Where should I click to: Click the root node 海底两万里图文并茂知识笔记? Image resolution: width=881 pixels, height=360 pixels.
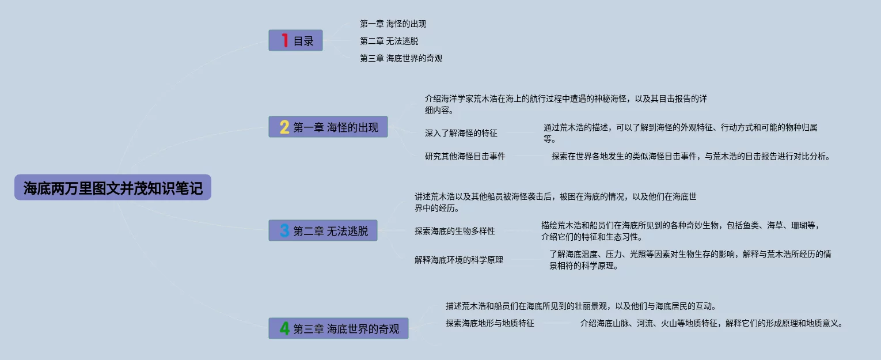(113, 188)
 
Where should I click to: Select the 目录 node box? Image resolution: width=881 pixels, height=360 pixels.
(295, 40)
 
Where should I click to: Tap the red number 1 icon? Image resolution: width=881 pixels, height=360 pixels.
(284, 40)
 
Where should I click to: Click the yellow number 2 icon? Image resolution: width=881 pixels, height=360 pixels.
(284, 127)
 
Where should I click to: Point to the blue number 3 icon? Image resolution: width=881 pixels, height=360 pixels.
(284, 231)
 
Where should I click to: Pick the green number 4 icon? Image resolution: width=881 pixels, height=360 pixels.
(284, 329)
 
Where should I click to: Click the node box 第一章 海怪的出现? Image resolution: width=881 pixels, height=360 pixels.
(328, 127)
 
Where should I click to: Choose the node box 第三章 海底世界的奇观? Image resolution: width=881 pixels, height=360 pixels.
(339, 329)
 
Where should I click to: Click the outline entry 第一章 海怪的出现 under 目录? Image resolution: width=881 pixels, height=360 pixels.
(393, 24)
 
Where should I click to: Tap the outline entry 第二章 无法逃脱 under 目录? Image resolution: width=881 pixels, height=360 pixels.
(389, 41)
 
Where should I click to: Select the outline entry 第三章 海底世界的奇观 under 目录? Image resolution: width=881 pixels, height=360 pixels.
(401, 59)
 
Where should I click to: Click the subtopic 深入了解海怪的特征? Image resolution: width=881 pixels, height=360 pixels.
(461, 134)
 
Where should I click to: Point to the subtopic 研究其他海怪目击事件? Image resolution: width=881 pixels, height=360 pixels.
(465, 156)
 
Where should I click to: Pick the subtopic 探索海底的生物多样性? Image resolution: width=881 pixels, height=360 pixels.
(454, 232)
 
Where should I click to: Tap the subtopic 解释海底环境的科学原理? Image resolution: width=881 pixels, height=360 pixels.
(458, 260)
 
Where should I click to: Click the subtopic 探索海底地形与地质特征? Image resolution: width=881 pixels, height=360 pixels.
(489, 324)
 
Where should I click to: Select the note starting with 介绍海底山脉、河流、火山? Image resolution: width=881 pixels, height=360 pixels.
(711, 324)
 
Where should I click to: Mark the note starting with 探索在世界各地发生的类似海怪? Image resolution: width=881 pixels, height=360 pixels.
(690, 156)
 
